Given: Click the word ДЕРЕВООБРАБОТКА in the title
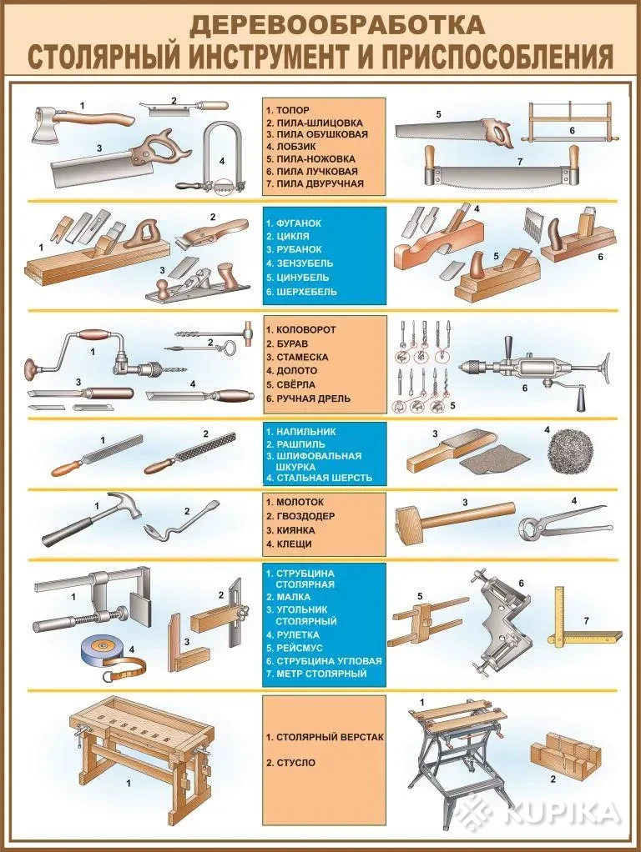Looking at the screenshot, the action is pos(337,25).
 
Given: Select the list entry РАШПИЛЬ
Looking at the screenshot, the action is pos(300,444).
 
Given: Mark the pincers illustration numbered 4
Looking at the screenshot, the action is pos(563,522).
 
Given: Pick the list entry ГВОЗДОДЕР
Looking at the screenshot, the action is pos(305,516).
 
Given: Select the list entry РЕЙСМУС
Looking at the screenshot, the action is pos(300,649).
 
